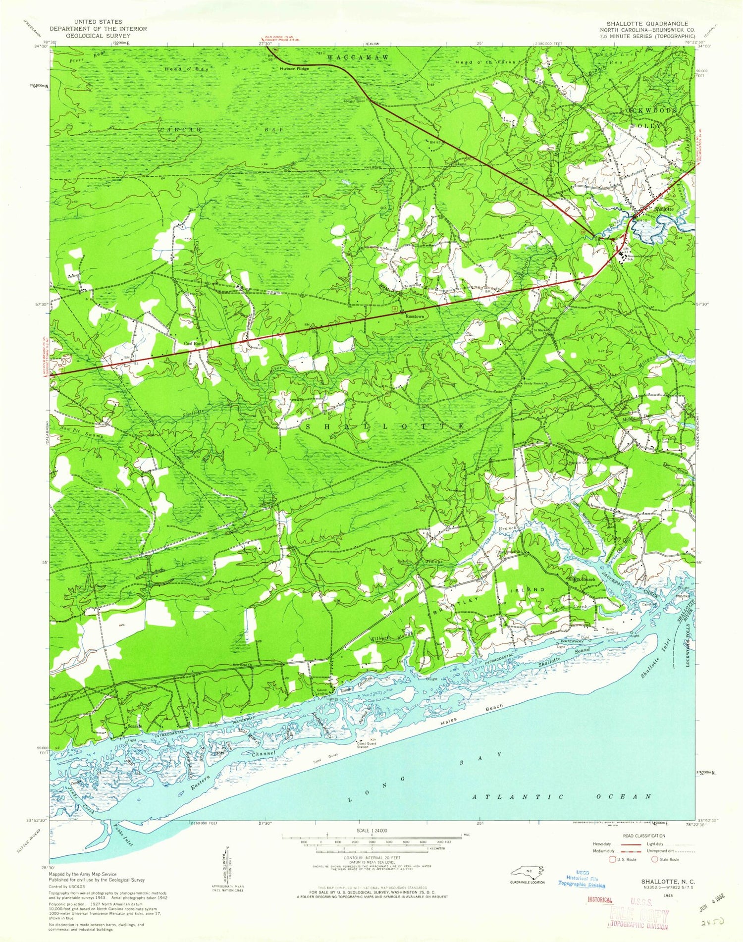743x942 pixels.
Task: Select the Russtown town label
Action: [415, 314]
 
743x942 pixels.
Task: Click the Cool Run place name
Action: [194, 343]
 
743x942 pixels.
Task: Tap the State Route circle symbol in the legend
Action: [655, 859]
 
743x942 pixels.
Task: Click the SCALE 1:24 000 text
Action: [371, 830]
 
